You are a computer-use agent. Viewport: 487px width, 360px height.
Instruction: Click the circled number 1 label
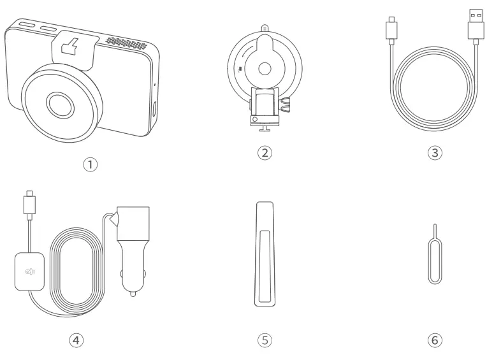click(x=92, y=164)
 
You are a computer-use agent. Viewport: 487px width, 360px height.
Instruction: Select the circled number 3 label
click(x=434, y=153)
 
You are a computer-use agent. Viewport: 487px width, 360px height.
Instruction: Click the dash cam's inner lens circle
click(x=59, y=102)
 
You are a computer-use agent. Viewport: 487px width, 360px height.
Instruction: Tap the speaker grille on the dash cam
click(x=131, y=44)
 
